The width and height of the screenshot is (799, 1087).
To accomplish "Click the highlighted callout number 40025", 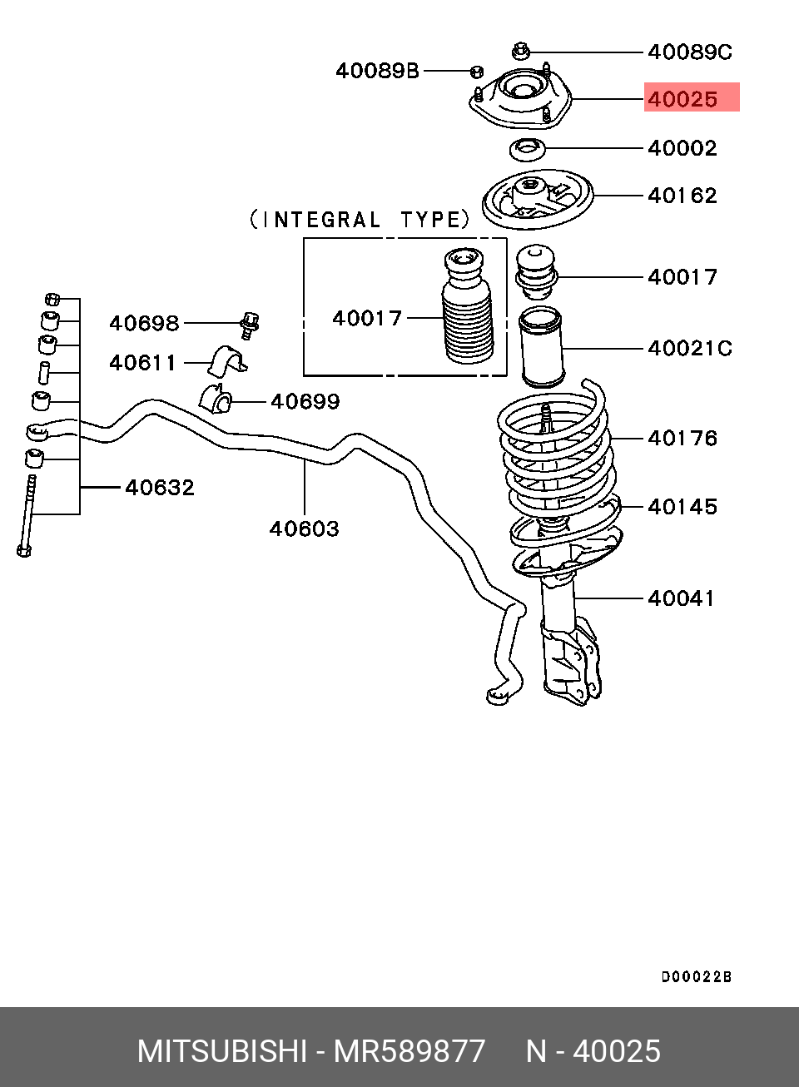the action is [682, 99].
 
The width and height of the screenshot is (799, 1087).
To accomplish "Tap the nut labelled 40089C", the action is [520, 51].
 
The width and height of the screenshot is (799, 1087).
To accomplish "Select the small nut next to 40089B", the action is [477, 72].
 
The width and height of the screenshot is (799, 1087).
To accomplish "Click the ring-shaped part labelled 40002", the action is [528, 150].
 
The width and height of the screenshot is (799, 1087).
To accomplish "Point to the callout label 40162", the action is [682, 196].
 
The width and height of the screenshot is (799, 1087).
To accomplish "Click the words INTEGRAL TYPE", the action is [360, 220].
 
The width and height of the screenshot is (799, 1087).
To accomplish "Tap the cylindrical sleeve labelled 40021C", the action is [540, 347].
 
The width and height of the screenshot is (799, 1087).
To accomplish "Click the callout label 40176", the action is [682, 438].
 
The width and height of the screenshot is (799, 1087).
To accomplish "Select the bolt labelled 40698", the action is [250, 325].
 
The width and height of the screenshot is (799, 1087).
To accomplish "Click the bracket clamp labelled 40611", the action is [227, 360].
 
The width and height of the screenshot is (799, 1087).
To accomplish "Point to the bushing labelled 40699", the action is [216, 397].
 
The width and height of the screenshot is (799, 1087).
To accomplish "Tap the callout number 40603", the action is [304, 529].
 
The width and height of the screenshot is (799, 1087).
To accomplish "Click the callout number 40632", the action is [160, 487].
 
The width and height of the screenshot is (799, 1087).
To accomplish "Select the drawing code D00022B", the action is [697, 976].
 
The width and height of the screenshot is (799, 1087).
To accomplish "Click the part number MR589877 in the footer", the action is [409, 1051].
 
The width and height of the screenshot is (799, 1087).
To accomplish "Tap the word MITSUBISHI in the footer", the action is [222, 1051].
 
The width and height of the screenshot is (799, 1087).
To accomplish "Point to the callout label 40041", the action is [681, 598].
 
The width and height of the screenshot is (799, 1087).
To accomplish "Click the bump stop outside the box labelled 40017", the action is [535, 273].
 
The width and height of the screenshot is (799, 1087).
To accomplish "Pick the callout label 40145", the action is [682, 506].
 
